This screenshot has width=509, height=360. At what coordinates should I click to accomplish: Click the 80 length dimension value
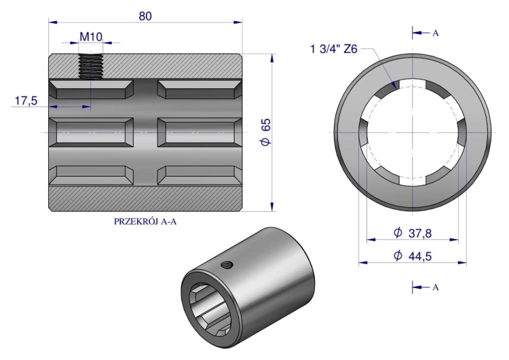tap(145, 16)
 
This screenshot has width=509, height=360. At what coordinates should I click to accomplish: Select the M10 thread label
tap(91, 37)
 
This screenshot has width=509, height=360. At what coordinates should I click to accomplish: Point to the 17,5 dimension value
tap(26, 101)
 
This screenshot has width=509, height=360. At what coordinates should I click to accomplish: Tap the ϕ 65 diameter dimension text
tap(266, 132)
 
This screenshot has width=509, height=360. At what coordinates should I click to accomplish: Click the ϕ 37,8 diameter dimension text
tap(413, 233)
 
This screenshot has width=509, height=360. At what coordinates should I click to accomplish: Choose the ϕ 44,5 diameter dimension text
tap(413, 256)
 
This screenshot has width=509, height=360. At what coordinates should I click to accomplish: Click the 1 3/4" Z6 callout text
tap(334, 49)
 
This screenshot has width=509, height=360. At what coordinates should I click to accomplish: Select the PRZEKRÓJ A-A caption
tap(145, 221)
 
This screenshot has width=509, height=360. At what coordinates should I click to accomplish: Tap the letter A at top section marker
tap(436, 33)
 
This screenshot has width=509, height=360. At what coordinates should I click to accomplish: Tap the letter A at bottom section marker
tap(436, 287)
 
